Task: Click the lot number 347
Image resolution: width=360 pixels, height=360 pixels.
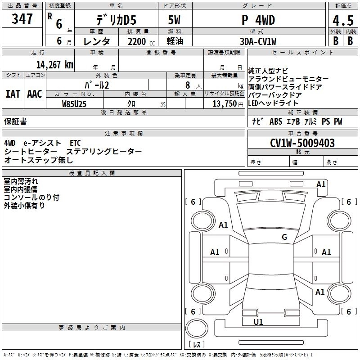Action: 22,19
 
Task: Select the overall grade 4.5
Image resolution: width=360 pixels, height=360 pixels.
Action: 343,21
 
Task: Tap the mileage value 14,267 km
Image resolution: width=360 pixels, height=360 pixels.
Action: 55,65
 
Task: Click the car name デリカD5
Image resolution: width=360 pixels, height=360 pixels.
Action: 117,20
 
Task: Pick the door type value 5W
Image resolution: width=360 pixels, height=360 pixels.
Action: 174,20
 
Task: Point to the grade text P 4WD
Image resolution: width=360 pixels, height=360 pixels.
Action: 258,20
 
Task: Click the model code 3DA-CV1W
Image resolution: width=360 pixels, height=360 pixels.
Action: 258,41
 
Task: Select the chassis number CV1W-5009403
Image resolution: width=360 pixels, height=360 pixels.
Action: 302,143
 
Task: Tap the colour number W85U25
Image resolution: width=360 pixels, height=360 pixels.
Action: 74,104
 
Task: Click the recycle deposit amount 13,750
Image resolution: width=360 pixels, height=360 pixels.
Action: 225,104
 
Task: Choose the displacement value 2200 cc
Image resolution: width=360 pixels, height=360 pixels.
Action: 141,41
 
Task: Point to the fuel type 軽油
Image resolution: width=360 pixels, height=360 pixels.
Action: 175,41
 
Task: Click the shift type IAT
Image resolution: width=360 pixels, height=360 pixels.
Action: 13,94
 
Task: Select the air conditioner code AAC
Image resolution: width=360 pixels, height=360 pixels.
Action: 35,94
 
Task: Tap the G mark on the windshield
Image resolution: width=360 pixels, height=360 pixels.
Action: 284,237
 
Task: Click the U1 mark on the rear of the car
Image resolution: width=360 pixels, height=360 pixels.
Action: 258,322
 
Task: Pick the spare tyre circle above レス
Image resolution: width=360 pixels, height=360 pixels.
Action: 197,328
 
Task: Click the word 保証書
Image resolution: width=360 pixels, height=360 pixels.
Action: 15,121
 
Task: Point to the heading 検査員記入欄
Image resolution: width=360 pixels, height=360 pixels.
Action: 92,173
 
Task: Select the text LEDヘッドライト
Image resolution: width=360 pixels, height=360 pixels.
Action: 273,103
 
